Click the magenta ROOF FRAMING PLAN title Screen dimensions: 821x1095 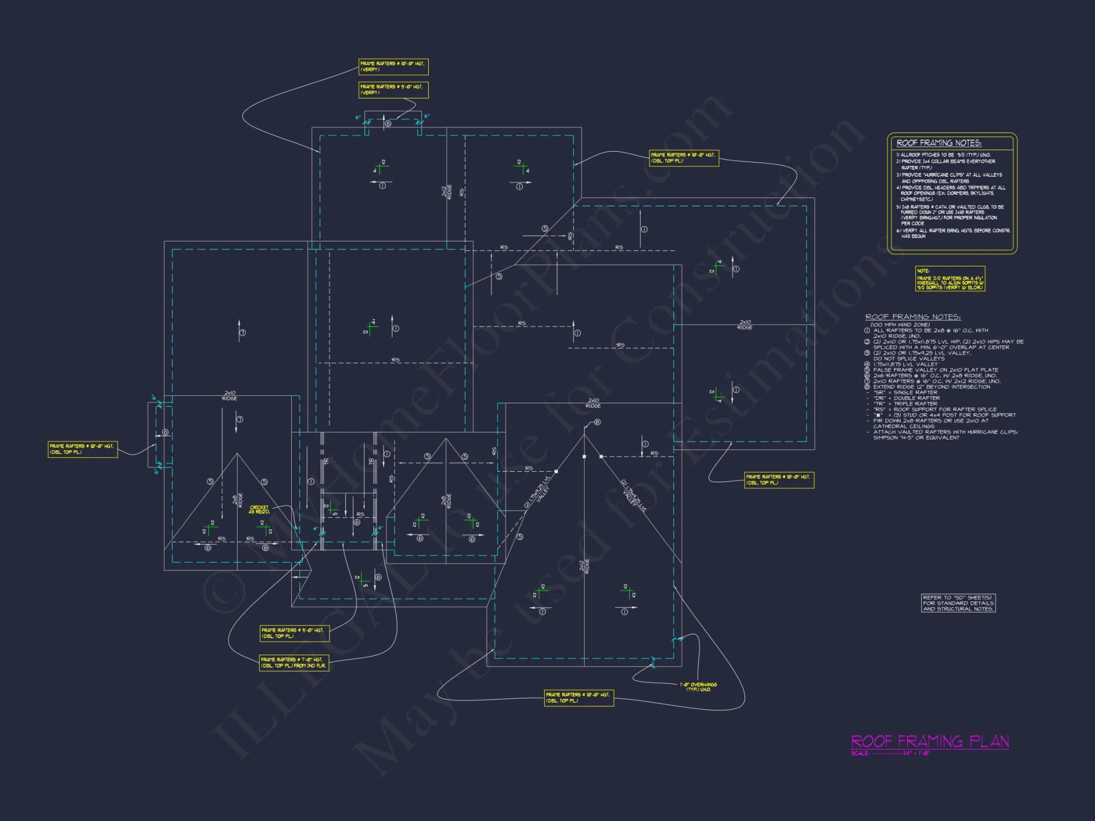(x=930, y=741)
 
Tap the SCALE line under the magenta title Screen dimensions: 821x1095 (x=890, y=754)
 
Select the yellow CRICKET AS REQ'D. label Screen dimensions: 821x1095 (x=259, y=510)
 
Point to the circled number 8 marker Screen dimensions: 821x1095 (x=597, y=422)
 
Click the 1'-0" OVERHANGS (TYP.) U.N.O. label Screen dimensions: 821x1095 (x=698, y=687)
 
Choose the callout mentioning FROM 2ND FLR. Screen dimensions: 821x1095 (x=294, y=663)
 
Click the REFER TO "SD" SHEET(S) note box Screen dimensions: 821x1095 (x=958, y=603)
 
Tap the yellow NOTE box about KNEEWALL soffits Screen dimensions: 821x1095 (x=950, y=279)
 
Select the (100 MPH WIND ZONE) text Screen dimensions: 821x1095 (x=900, y=325)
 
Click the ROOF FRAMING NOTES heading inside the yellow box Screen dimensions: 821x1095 (x=939, y=143)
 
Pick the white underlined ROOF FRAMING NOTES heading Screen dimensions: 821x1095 (x=913, y=317)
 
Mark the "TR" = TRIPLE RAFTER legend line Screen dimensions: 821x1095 (x=906, y=404)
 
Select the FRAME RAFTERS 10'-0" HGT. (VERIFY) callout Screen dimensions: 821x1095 (x=393, y=67)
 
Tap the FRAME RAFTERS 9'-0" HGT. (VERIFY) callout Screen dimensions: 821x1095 (x=393, y=90)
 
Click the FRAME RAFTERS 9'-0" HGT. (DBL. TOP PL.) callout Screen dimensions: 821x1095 (x=294, y=633)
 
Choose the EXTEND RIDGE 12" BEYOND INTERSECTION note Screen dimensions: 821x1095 (x=931, y=387)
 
